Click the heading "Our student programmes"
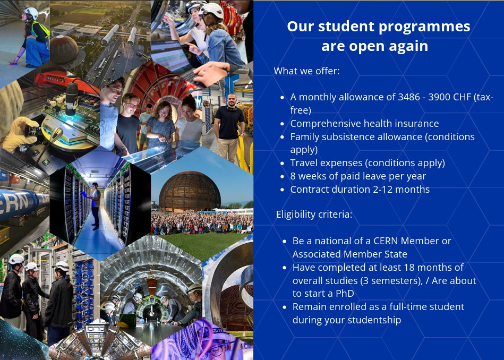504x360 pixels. click(378, 27)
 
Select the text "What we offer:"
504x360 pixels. click(306, 71)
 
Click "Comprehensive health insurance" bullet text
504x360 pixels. click(364, 124)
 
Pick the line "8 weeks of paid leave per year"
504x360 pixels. click(358, 176)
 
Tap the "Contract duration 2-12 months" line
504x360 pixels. click(360, 189)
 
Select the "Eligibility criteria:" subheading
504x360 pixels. click(314, 215)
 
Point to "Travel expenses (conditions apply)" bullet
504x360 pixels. click(367, 162)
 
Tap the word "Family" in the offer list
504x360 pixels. click(306, 137)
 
